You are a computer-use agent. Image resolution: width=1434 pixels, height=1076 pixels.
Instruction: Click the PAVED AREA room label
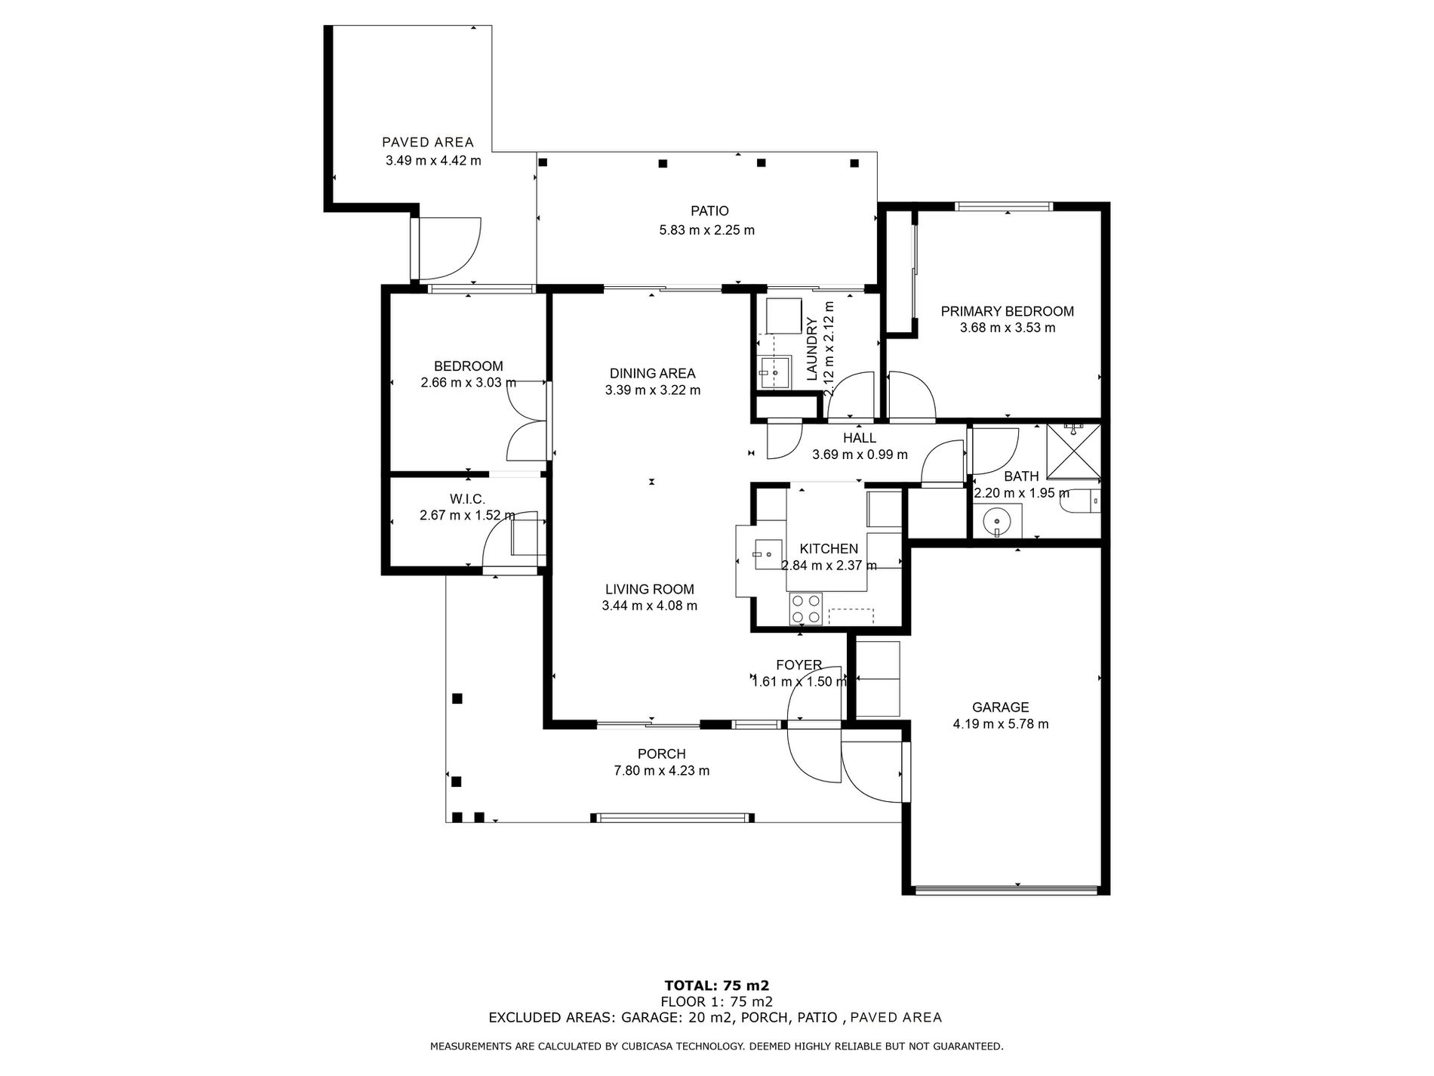[x=428, y=142]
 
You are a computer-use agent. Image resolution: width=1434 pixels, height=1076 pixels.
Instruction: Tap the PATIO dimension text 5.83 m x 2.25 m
[x=707, y=230]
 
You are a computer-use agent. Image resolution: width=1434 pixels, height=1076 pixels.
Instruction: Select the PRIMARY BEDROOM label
[x=1007, y=311]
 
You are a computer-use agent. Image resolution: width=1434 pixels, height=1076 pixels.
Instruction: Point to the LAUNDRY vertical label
[x=812, y=349]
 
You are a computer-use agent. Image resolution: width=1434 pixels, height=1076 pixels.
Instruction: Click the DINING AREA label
[x=653, y=373]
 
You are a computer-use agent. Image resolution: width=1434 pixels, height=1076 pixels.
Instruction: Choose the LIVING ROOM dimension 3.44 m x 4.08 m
[x=650, y=606]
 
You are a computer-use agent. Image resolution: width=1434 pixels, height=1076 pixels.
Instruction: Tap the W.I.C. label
[x=467, y=499]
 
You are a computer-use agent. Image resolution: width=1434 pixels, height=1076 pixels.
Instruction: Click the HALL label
[x=860, y=438]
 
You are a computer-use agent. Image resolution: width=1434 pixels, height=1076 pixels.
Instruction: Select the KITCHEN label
[x=829, y=549]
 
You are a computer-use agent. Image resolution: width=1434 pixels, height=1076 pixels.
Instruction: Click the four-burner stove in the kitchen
[x=805, y=609]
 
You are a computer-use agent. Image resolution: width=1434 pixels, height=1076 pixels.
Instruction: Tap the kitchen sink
[x=766, y=554]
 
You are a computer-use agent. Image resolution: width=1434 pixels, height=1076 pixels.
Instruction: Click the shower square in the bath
[x=1073, y=452]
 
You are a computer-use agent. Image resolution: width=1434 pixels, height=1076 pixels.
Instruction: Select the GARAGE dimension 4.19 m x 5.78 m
[x=1001, y=724]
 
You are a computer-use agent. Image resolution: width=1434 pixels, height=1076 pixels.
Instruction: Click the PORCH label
[x=662, y=754]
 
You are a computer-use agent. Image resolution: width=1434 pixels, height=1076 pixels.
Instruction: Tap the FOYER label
[x=799, y=665]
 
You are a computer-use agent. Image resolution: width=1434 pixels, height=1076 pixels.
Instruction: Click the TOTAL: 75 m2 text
[x=716, y=985]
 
